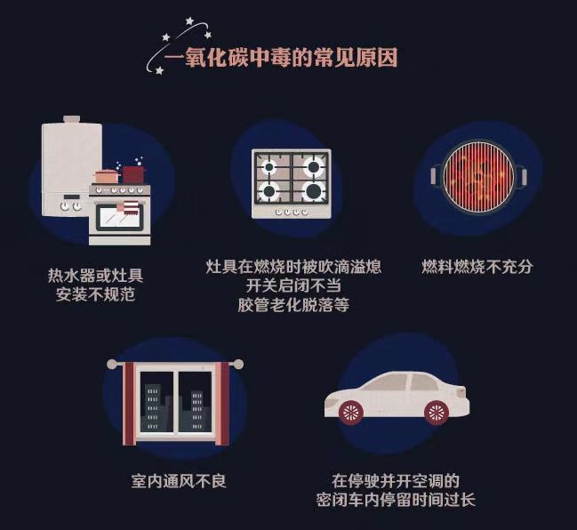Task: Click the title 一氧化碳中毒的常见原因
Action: [x=280, y=60]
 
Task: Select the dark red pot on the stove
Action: [x=133, y=173]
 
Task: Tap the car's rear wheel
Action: [x=436, y=412]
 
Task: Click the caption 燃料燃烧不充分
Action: [x=477, y=267]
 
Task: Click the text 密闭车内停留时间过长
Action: [x=396, y=500]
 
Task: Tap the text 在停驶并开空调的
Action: [x=396, y=480]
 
